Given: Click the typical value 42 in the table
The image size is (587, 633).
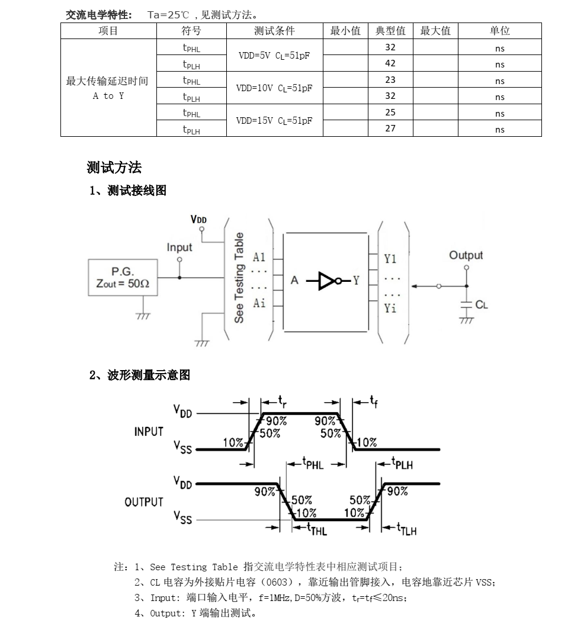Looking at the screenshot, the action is tap(390, 63).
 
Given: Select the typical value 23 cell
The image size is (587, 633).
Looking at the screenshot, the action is tap(390, 79).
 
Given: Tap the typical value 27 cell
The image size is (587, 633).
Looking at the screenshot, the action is tap(390, 128).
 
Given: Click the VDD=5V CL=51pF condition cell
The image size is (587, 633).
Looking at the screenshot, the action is tap(274, 55).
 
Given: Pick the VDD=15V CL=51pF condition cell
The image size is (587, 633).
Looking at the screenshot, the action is tap(274, 120).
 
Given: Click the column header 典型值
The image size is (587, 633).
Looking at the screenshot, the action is tap(390, 31).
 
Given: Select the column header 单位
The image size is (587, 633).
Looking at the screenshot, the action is tap(500, 31).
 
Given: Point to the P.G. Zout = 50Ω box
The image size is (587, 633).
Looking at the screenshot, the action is tap(123, 277).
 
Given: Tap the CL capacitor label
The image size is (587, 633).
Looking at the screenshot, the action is tap(481, 304).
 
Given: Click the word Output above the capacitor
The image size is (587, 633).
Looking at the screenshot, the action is tap(466, 255).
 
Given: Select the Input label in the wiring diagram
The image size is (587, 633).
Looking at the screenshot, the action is tap(179, 247).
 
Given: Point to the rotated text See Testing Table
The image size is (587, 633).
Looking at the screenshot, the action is tap(239, 278).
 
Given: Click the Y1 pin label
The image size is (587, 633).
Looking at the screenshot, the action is tap(390, 259).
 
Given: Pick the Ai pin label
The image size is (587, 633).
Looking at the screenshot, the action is tap(259, 303).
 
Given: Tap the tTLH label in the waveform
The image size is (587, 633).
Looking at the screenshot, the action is tap(406, 529).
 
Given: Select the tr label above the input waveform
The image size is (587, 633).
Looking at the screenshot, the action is tap(282, 401).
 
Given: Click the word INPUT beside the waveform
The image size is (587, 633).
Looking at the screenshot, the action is tap(149, 432).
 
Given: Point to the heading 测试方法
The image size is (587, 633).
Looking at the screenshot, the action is tap(114, 167).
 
